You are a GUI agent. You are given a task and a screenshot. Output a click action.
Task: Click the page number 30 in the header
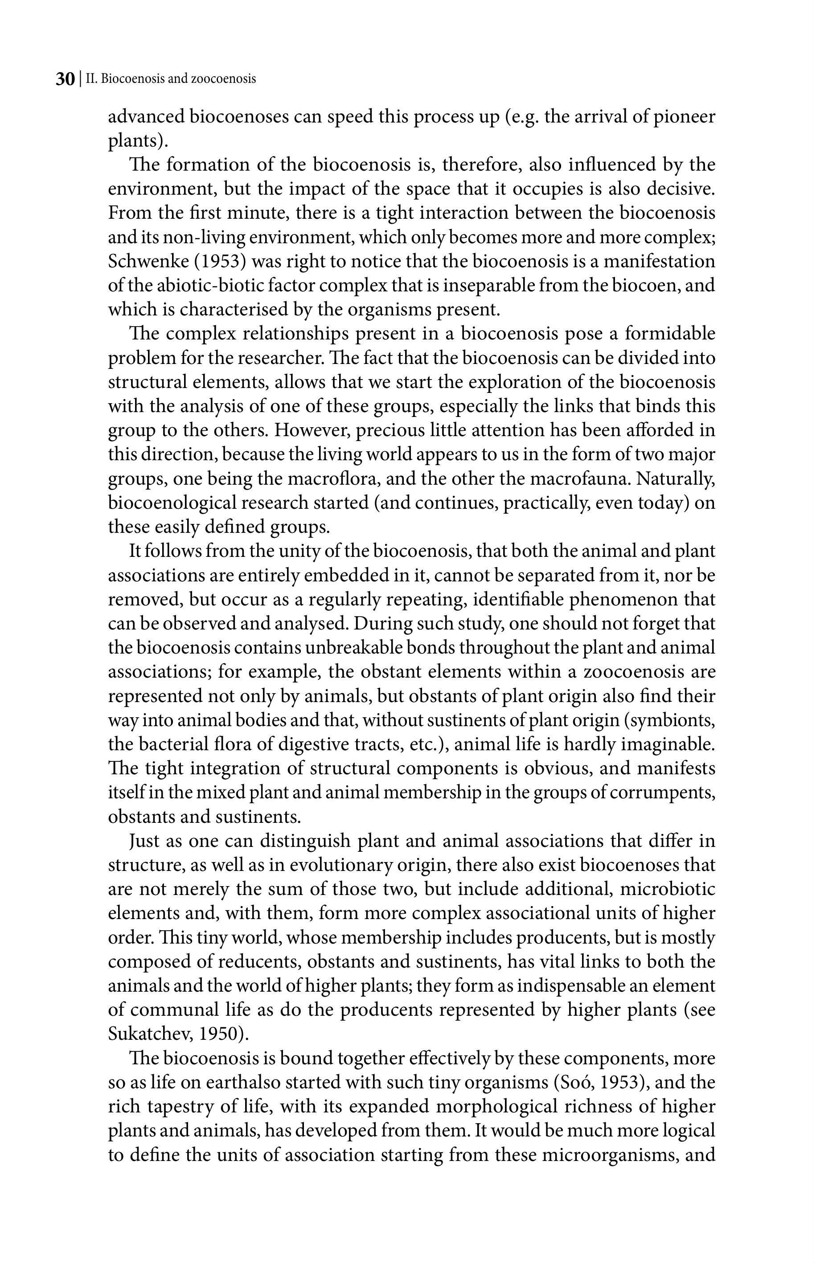pyautogui.click(x=65, y=79)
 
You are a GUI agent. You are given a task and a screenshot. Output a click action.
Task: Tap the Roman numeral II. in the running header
pyautogui.click(x=92, y=79)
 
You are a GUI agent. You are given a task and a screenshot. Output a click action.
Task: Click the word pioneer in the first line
pyautogui.click(x=684, y=117)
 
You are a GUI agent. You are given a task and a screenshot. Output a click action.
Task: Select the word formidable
pyautogui.click(x=670, y=334)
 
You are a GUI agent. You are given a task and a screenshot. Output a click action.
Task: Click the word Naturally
pyautogui.click(x=676, y=479)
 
